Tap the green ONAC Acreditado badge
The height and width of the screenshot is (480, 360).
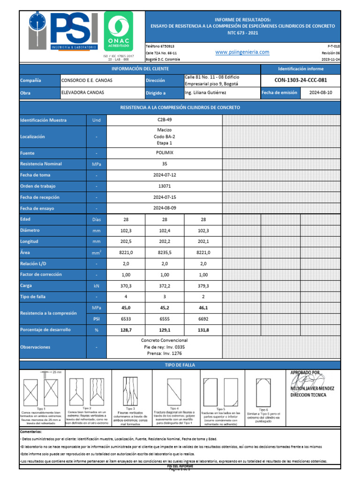pos(121,32)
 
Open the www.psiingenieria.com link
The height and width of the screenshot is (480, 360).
pos(242,52)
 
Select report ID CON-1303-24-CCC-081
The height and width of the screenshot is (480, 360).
pos(300,80)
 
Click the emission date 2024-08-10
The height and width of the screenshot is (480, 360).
pos(321,93)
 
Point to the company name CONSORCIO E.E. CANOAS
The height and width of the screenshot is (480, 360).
pos(87,80)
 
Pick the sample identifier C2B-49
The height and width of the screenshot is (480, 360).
pos(165,120)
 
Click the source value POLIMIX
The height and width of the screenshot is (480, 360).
pos(165,153)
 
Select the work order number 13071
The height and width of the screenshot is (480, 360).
pos(165,186)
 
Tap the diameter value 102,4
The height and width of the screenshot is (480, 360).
pos(165,231)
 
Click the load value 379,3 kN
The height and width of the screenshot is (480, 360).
pos(203,285)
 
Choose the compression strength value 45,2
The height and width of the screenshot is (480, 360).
pos(165,307)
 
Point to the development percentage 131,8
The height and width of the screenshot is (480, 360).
pos(203,330)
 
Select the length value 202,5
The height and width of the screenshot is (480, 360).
pos(126,241)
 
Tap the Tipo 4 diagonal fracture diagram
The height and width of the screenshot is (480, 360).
pos(168,390)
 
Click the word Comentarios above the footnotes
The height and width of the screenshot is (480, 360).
pos(30,431)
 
